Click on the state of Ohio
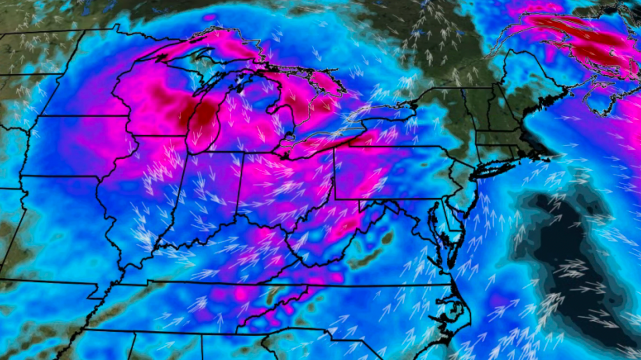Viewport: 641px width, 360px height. [284, 183]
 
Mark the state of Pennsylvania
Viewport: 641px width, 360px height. [389, 171]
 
